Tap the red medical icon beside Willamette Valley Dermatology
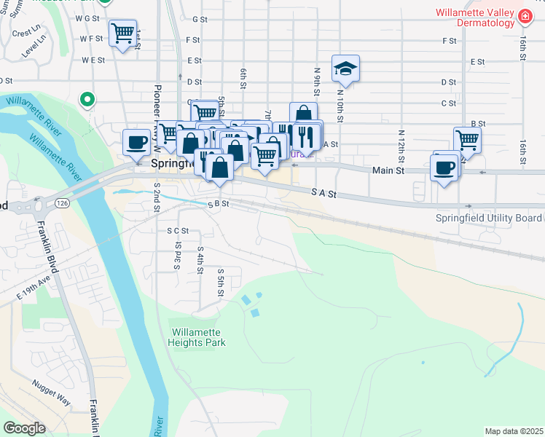[x=525, y=15]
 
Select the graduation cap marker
[x=345, y=69]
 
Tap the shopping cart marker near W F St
[x=122, y=33]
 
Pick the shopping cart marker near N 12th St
[x=467, y=139]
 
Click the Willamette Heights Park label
[x=197, y=337]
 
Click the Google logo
[x=24, y=428]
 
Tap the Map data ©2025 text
[x=513, y=431]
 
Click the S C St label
[x=177, y=230]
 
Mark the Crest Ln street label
[x=26, y=33]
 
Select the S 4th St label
[x=200, y=260]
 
